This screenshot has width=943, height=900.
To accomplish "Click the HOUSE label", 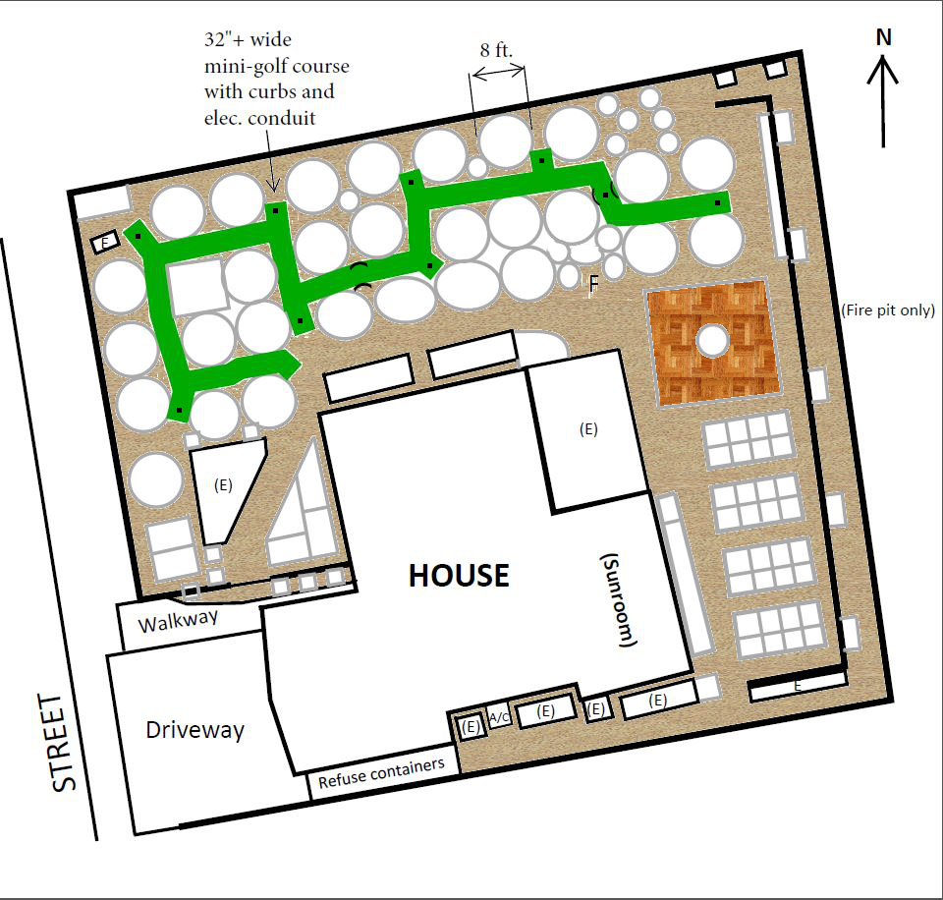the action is [459, 575].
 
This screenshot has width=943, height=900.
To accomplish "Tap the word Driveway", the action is [194, 730].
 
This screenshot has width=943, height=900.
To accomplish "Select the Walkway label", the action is [178, 621].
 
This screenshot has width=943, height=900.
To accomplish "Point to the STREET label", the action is [63, 743].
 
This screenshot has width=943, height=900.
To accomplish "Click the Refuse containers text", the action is [381, 773].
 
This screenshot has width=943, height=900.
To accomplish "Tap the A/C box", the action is [499, 716].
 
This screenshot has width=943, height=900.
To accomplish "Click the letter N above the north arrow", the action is [883, 37].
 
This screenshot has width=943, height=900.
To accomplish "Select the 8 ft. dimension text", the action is [496, 50].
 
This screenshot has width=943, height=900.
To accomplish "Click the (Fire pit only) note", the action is [888, 310].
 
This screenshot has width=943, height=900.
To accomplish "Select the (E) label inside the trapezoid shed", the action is [223, 485].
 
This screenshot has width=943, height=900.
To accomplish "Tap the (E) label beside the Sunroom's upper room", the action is [588, 429].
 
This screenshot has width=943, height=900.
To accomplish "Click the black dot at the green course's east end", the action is [717, 202].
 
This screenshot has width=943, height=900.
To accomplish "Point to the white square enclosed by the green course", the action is [197, 287].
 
